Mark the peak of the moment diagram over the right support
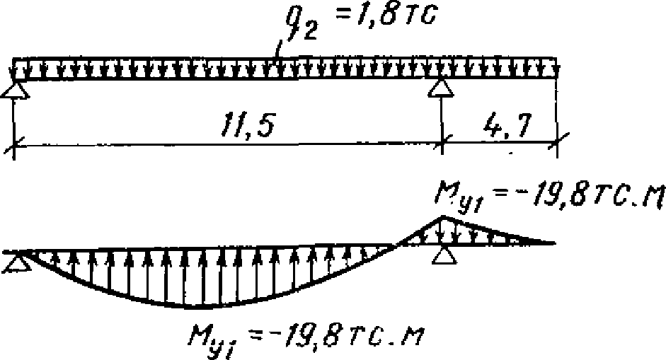point(442,217)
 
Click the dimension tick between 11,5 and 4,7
point(442,142)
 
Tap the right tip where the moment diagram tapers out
point(552,243)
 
